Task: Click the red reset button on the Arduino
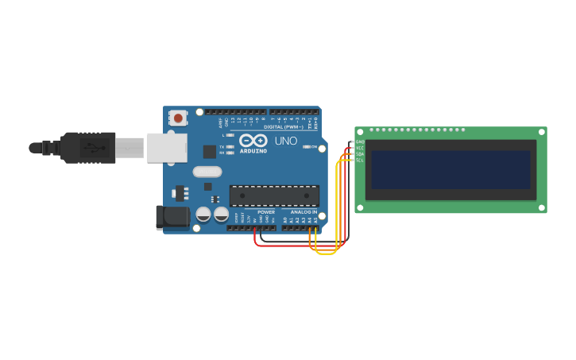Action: pyautogui.click(x=178, y=118)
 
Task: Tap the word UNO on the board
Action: pyautogui.click(x=285, y=141)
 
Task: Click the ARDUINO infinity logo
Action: pyautogui.click(x=253, y=141)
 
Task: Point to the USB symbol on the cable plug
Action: pyautogui.click(x=94, y=147)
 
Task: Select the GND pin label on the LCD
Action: pyautogui.click(x=359, y=141)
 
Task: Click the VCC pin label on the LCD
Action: pyautogui.click(x=359, y=148)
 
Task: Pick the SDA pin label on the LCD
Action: pyautogui.click(x=359, y=154)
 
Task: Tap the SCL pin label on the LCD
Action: pyautogui.click(x=359, y=161)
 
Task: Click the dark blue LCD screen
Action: pyautogui.click(x=450, y=169)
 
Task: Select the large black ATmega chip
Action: pyautogui.click(x=274, y=196)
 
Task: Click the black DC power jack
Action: pyautogui.click(x=174, y=218)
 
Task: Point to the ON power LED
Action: pyautogui.click(x=306, y=147)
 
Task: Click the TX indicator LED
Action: pyautogui.click(x=230, y=146)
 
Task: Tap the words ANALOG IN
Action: pyautogui.click(x=303, y=213)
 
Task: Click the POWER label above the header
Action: pyautogui.click(x=266, y=213)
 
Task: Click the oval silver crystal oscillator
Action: pyautogui.click(x=207, y=172)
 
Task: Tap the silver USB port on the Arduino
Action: pyautogui.click(x=167, y=148)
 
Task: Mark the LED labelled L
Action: pyautogui.click(x=230, y=135)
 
